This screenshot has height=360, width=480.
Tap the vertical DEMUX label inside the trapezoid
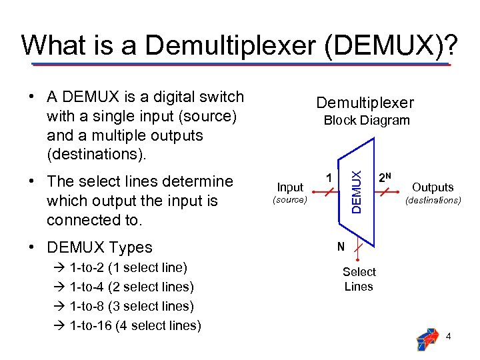357,192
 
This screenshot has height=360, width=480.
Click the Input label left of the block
290,187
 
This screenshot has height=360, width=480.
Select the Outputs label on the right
433,187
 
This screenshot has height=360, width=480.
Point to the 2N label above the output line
385,178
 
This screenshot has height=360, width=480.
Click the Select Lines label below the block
359,279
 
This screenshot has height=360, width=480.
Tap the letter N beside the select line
341,247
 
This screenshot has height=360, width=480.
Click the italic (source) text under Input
290,200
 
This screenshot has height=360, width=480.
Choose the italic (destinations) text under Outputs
433,200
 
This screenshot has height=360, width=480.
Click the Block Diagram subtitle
366,121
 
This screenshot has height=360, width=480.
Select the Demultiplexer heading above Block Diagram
365,103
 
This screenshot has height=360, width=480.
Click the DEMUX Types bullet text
99,247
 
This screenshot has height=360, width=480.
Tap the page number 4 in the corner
449,337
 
